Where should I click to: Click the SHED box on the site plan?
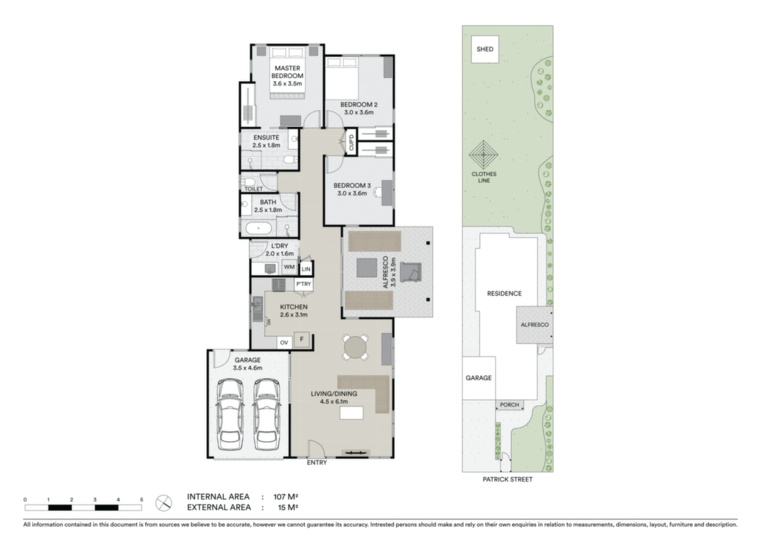[x=485, y=49]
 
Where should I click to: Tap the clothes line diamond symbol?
[x=484, y=155]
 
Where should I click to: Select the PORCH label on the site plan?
[x=510, y=404]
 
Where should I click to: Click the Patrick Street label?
[x=507, y=479]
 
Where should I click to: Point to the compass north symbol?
[x=163, y=503]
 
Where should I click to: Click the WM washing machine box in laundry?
[x=289, y=268]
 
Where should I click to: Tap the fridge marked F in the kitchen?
[x=302, y=340]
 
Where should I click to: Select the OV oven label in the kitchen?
[x=284, y=343]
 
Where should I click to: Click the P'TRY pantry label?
[x=304, y=285]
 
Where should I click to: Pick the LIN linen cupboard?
[x=305, y=269]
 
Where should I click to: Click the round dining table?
[x=356, y=347]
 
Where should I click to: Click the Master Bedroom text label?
[x=288, y=72]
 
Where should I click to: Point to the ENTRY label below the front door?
[x=317, y=463]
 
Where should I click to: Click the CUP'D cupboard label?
[x=352, y=143]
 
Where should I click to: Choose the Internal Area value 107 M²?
[x=285, y=497]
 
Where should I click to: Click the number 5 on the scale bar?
[x=142, y=499]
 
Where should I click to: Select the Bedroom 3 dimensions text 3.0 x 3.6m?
[x=352, y=193]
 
